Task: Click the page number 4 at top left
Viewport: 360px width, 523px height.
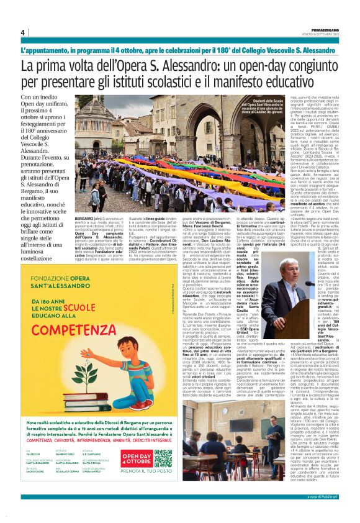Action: point(23,32)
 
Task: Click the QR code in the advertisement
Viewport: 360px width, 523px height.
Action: point(163,458)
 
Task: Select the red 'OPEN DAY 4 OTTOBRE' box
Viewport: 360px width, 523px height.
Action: point(136,458)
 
